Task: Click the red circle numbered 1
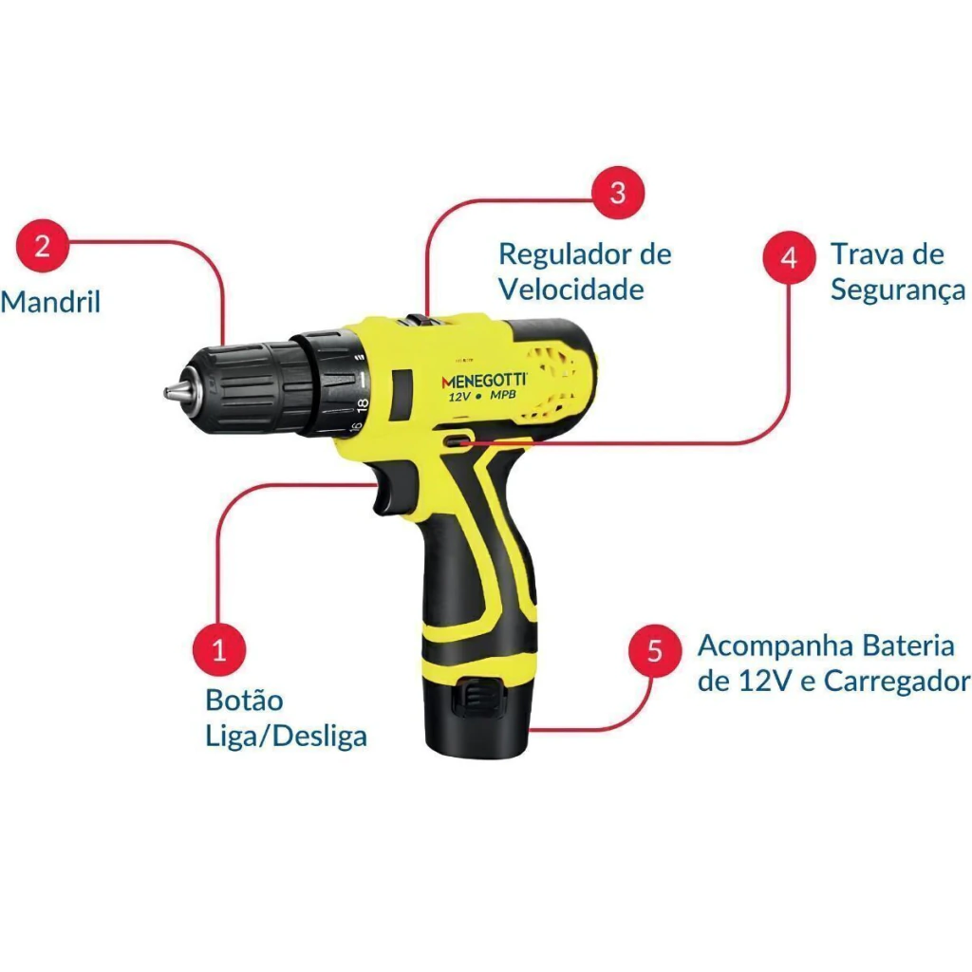click(219, 649)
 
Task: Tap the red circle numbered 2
click(42, 246)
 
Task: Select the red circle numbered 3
click(618, 192)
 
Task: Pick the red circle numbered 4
click(789, 257)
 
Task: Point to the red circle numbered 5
click(655, 650)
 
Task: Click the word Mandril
click(50, 302)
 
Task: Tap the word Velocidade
click(571, 290)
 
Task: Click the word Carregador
click(897, 681)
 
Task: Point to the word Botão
click(244, 700)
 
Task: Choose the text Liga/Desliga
click(286, 736)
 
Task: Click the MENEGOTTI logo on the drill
click(484, 380)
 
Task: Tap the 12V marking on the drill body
click(459, 396)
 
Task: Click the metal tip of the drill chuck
click(176, 391)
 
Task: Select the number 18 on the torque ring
click(363, 405)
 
